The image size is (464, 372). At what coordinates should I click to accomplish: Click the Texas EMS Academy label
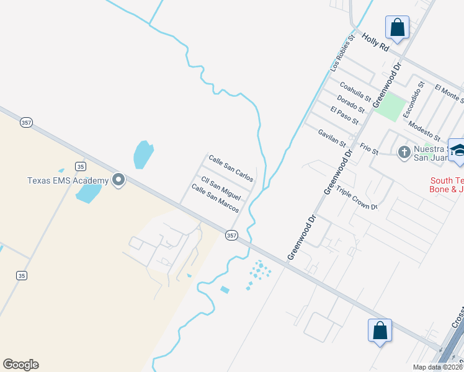[x=68, y=180]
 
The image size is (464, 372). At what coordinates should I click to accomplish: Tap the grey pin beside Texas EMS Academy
[x=118, y=180]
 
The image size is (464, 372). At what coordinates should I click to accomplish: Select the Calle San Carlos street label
[x=231, y=168]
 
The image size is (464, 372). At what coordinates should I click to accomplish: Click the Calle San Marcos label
[x=215, y=198]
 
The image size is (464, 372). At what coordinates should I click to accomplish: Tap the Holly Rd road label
[x=375, y=42]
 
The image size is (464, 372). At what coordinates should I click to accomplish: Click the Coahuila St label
[x=355, y=94]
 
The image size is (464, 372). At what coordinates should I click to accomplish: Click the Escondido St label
[x=413, y=99]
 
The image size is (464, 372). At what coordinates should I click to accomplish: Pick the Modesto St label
[x=425, y=131]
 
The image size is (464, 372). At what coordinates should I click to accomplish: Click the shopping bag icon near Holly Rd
[x=397, y=28]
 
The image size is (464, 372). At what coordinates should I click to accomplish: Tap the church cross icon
[x=404, y=151]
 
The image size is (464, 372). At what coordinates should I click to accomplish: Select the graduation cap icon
[x=458, y=151]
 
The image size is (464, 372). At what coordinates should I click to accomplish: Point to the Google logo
[x=20, y=365]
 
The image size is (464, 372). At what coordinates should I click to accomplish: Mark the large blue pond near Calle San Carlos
[x=143, y=154]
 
